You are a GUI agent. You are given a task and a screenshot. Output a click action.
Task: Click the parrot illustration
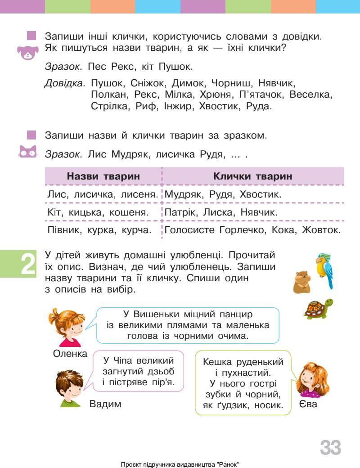pyautogui.click(x=324, y=270)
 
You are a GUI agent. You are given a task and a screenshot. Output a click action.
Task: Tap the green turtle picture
pyautogui.click(x=318, y=309)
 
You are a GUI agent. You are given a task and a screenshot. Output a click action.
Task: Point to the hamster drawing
pyautogui.click(x=302, y=283)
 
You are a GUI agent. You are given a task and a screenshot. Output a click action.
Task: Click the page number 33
pyautogui.click(x=330, y=448)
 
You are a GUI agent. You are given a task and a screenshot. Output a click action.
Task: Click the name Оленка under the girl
pyautogui.click(x=70, y=353)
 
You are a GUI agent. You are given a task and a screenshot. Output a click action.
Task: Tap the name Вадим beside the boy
pyautogui.click(x=105, y=404)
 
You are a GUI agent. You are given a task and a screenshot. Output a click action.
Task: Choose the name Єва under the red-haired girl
pyautogui.click(x=308, y=404)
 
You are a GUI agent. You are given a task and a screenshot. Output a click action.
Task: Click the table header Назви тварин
pyautogui.click(x=103, y=176)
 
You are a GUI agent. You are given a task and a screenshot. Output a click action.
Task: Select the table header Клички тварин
pyautogui.click(x=252, y=176)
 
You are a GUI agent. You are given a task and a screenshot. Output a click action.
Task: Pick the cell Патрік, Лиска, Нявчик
pyautogui.click(x=221, y=212)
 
